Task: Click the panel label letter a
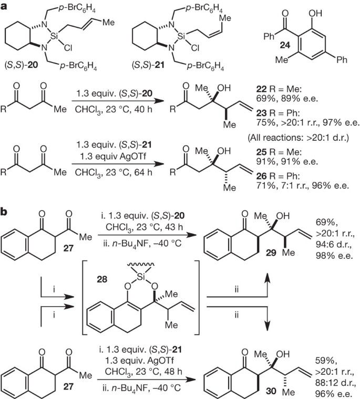tap(6, 7)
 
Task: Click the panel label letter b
tap(6, 213)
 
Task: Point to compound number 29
tap(242, 261)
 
